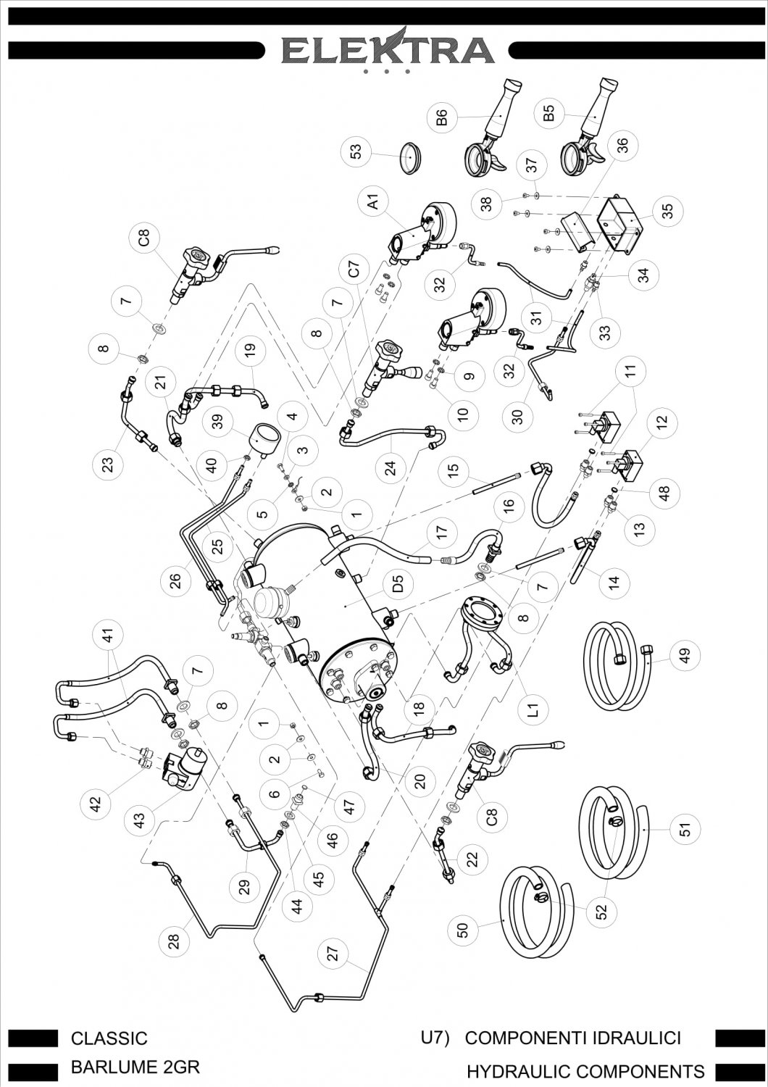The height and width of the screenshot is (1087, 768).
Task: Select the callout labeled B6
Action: coord(443,117)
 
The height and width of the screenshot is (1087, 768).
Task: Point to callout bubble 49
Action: coord(685,654)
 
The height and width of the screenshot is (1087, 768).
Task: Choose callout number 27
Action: coord(333,954)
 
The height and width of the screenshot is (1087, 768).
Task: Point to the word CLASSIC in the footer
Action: coord(109,1038)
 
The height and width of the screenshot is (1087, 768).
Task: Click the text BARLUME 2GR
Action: coord(135,1067)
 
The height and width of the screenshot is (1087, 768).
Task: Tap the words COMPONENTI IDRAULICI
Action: coord(572,1038)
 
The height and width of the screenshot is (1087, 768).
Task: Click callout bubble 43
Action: coord(139,820)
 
